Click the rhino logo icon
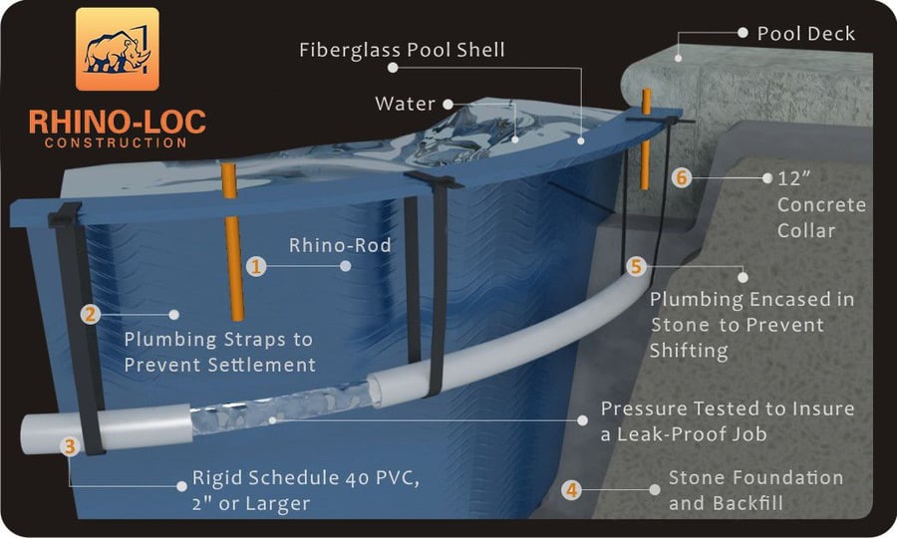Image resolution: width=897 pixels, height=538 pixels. (x=118, y=50)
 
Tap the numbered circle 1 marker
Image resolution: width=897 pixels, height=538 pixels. (x=256, y=266)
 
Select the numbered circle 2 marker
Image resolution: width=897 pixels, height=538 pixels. (x=91, y=315)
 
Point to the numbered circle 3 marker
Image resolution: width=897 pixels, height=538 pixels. (x=70, y=446)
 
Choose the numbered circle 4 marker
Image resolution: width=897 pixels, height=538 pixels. (x=571, y=490)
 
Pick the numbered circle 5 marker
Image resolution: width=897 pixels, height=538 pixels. (x=637, y=267)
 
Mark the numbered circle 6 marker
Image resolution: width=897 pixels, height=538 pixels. (x=682, y=179)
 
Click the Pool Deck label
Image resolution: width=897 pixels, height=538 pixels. (x=805, y=33)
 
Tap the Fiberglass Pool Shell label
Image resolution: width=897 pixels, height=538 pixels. (x=402, y=50)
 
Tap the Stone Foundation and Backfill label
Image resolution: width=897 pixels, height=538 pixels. (x=755, y=490)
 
